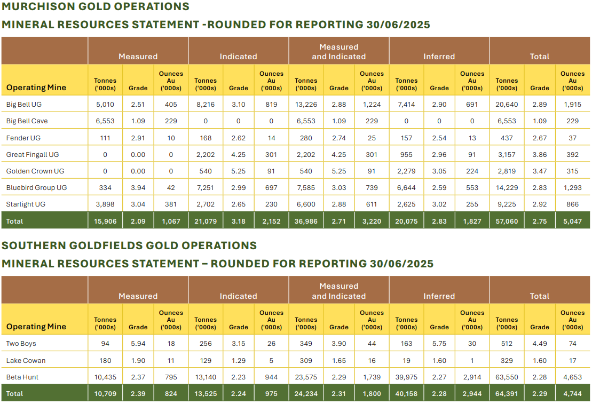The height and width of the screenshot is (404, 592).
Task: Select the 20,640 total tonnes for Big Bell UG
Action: coord(507,104)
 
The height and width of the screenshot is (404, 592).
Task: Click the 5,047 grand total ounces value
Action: coord(572,221)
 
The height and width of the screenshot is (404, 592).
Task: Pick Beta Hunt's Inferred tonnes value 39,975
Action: coord(406,377)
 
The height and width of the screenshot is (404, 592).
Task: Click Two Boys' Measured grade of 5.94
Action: coord(138,344)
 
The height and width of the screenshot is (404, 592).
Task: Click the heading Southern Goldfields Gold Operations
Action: coord(129,245)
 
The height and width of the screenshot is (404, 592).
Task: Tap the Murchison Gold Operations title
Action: coord(96,7)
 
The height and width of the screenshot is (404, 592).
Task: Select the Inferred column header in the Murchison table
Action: coord(439,56)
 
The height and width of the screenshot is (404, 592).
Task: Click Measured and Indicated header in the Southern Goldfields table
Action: coord(339,291)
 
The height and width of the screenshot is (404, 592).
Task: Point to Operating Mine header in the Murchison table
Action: coord(36,88)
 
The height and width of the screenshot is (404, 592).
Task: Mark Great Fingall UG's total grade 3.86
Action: coord(540,154)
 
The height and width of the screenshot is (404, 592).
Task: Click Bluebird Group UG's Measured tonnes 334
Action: coord(105,188)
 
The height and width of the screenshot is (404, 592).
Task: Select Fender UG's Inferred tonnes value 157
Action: coord(406,138)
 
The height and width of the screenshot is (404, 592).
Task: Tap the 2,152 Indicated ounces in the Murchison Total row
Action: coord(271,221)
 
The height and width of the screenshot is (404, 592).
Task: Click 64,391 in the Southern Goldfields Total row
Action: coord(507,393)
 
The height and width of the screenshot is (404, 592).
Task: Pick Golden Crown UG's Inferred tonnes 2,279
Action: coord(406,171)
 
